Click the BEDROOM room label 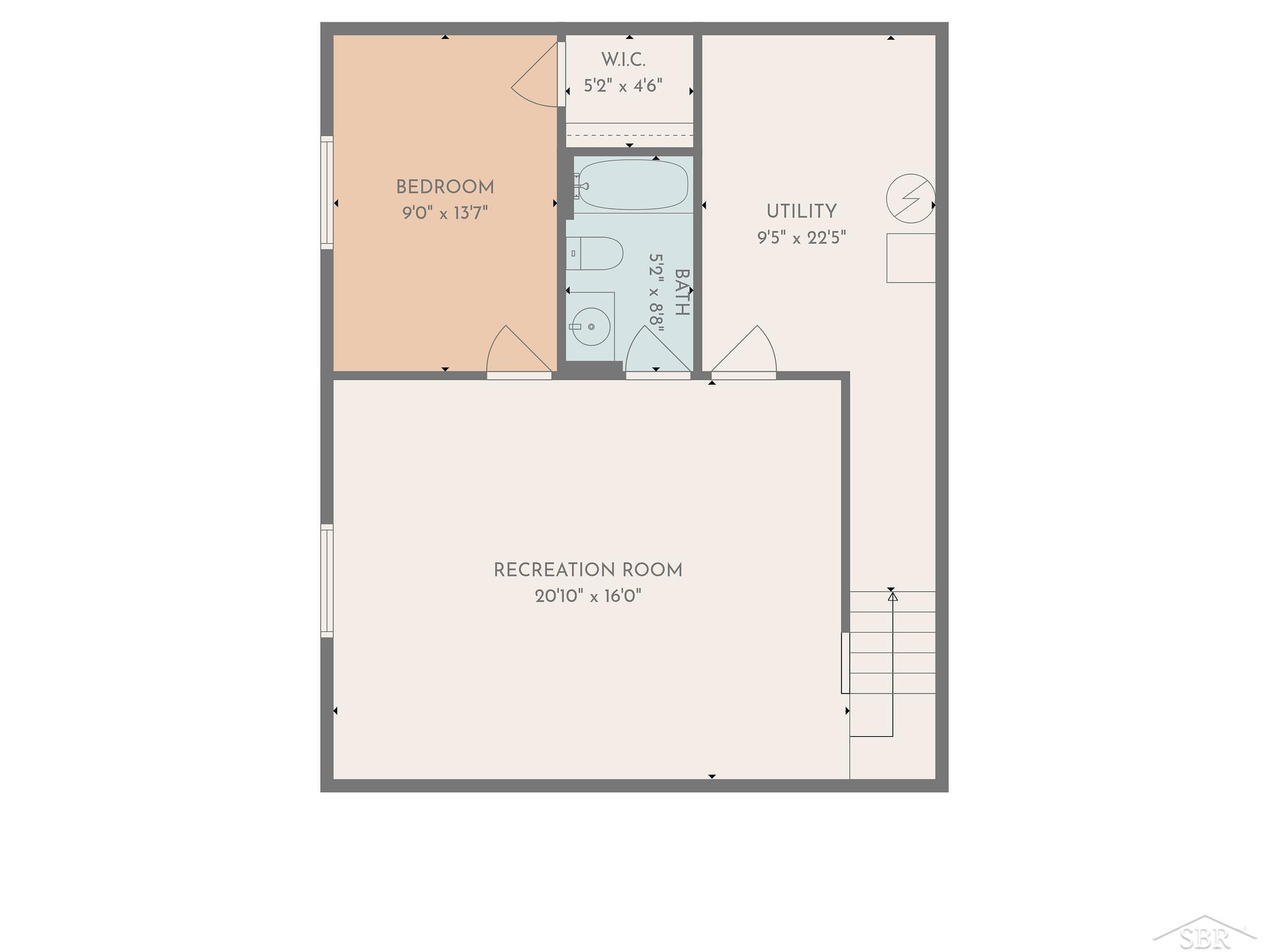pos(445,187)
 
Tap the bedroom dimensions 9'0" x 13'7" pos(445,213)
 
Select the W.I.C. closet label pos(623,60)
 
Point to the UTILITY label pos(801,211)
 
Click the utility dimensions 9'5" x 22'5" pos(801,237)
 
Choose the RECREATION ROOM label pos(588,570)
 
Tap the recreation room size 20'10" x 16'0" pos(588,596)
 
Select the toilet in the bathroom pos(594,253)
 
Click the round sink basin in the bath pos(591,326)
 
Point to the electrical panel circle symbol pos(910,198)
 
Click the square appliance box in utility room pos(910,258)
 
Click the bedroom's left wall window pos(327,193)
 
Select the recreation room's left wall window pos(327,581)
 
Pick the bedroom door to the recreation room pos(519,351)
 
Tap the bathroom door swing pos(658,351)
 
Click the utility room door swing pos(744,351)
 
